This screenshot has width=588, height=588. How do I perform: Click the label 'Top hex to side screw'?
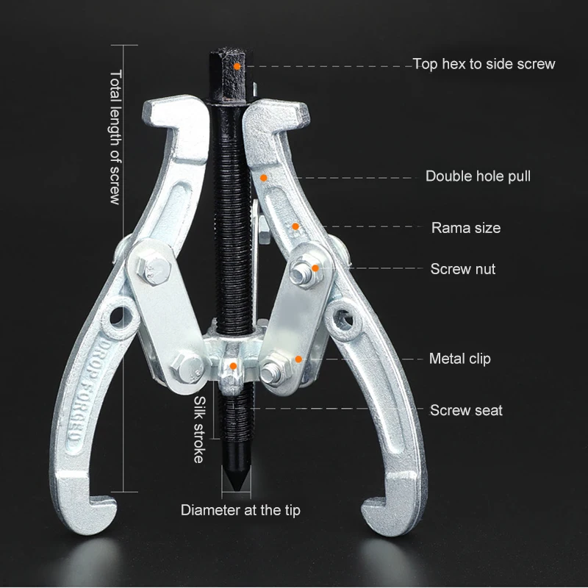point(484,64)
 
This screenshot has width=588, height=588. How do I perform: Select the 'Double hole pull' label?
point(478,176)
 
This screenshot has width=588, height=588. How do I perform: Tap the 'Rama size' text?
point(466,228)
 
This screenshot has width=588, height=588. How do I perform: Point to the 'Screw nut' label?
point(463,269)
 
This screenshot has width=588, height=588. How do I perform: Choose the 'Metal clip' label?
point(460,359)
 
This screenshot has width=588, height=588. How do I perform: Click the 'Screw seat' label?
point(467,410)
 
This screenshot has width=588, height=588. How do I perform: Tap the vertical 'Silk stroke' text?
point(199,429)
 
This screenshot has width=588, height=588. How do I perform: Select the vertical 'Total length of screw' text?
point(115,137)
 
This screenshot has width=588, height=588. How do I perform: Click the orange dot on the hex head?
point(237,65)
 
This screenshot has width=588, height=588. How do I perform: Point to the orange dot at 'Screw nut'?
point(315,270)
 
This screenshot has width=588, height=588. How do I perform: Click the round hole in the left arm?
point(117,318)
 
